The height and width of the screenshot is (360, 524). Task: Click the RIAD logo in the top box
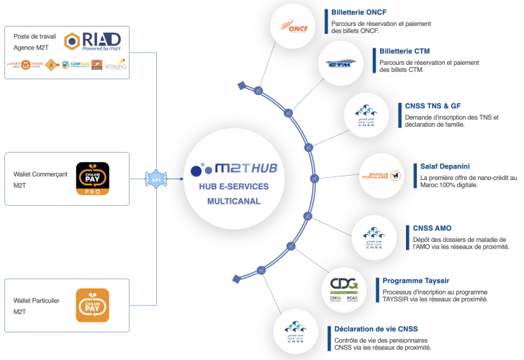[x=93, y=40]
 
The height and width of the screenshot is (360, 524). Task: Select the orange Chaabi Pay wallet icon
[x=92, y=305]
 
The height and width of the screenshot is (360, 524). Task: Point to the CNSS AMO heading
[x=433, y=228]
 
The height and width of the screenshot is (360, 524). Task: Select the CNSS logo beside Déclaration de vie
[x=295, y=331]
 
